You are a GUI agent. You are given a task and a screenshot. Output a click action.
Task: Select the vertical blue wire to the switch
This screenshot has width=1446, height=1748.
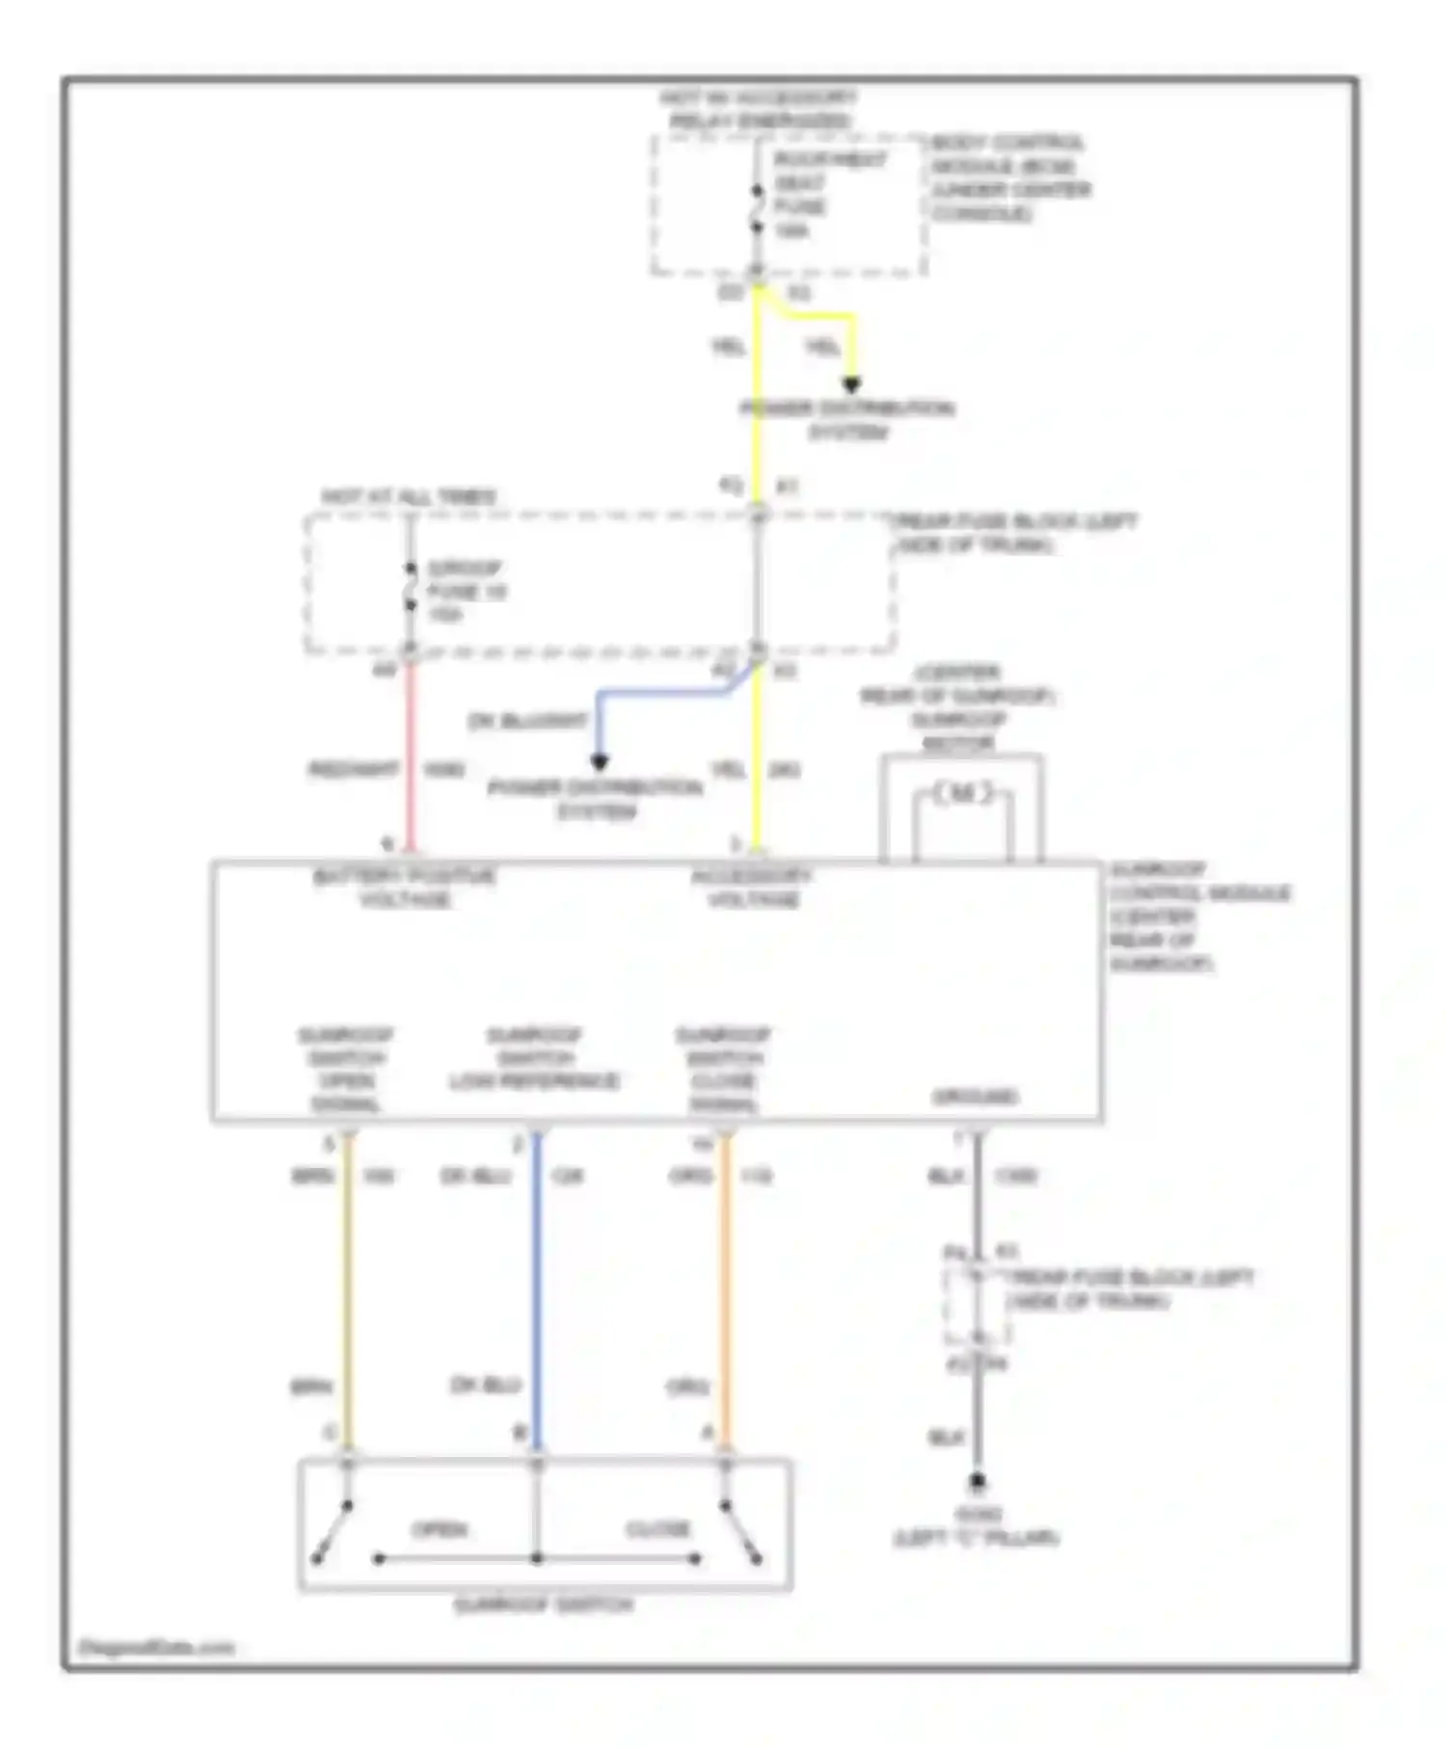[x=537, y=1291]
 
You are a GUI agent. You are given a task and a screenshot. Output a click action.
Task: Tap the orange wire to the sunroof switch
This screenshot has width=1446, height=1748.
[x=725, y=1291]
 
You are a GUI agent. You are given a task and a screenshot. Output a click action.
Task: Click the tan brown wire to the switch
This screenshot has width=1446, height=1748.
[x=348, y=1291]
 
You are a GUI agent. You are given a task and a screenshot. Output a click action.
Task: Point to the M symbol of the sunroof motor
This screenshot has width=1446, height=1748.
[x=962, y=794]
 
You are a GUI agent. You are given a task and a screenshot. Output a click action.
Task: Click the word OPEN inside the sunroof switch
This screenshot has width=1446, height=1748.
[x=440, y=1529]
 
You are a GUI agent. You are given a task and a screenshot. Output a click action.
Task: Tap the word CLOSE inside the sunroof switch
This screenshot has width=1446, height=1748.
[x=658, y=1529]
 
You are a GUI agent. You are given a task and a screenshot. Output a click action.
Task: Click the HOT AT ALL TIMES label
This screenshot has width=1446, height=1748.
[x=409, y=497]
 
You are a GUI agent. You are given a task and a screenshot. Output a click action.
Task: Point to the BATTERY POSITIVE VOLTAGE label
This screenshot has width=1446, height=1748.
[x=405, y=887]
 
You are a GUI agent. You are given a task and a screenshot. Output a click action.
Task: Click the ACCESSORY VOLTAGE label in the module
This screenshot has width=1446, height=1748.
[x=753, y=887]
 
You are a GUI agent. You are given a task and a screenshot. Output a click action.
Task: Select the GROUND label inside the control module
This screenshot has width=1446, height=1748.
[x=975, y=1097]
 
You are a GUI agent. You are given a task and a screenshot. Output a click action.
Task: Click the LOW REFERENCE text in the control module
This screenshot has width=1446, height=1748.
[x=534, y=1081]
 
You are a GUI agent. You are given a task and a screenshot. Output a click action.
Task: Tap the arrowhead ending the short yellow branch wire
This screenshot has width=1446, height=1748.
[x=851, y=385]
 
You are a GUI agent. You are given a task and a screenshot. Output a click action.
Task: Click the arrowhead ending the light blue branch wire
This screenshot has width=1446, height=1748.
[x=599, y=762]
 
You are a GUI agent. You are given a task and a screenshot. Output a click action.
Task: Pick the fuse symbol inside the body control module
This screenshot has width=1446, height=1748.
[x=758, y=209]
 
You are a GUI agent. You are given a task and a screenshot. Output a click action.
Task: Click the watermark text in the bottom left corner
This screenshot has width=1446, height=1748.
[x=156, y=1647]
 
